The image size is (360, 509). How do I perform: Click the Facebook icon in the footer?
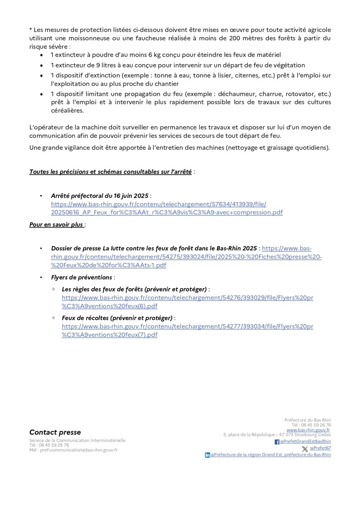tap(277, 442)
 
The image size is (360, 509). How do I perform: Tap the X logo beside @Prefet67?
tap(305, 449)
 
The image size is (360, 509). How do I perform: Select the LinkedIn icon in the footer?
tap(207, 455)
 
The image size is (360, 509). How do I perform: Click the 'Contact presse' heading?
tap(55, 432)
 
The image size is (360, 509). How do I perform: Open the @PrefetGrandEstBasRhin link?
tap(306, 441)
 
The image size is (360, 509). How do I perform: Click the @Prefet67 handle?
tap(320, 448)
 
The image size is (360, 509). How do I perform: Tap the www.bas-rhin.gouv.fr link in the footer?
tap(308, 430)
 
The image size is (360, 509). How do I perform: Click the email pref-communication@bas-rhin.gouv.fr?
tap(79, 450)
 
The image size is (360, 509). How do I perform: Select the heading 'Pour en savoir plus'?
tap(56, 224)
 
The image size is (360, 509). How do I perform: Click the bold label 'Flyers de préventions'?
tap(82, 277)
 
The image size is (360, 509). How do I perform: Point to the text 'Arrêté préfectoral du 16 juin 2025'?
tap(100, 196)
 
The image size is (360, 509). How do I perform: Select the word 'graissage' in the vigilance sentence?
tap(280, 148)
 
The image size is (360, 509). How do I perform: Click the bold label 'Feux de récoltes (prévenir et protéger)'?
tap(117, 318)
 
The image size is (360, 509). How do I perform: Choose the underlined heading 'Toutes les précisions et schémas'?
tap(111, 172)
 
